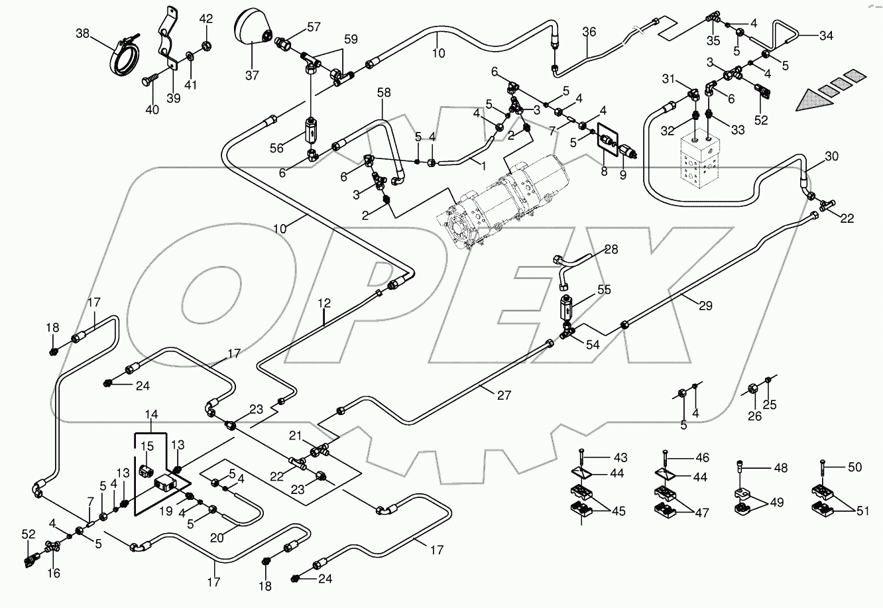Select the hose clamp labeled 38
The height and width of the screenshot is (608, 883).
pyautogui.click(x=125, y=59)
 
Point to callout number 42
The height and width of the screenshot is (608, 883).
pyautogui.click(x=206, y=18)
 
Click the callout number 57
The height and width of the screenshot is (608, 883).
pyautogui.click(x=313, y=27)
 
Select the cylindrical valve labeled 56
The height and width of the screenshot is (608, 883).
pyautogui.click(x=312, y=129)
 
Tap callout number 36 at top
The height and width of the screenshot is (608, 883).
pyautogui.click(x=589, y=32)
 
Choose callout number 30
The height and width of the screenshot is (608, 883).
pyautogui.click(x=831, y=156)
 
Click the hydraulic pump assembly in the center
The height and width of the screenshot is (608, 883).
pyautogui.click(x=504, y=199)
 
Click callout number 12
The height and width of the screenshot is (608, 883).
pyautogui.click(x=324, y=304)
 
